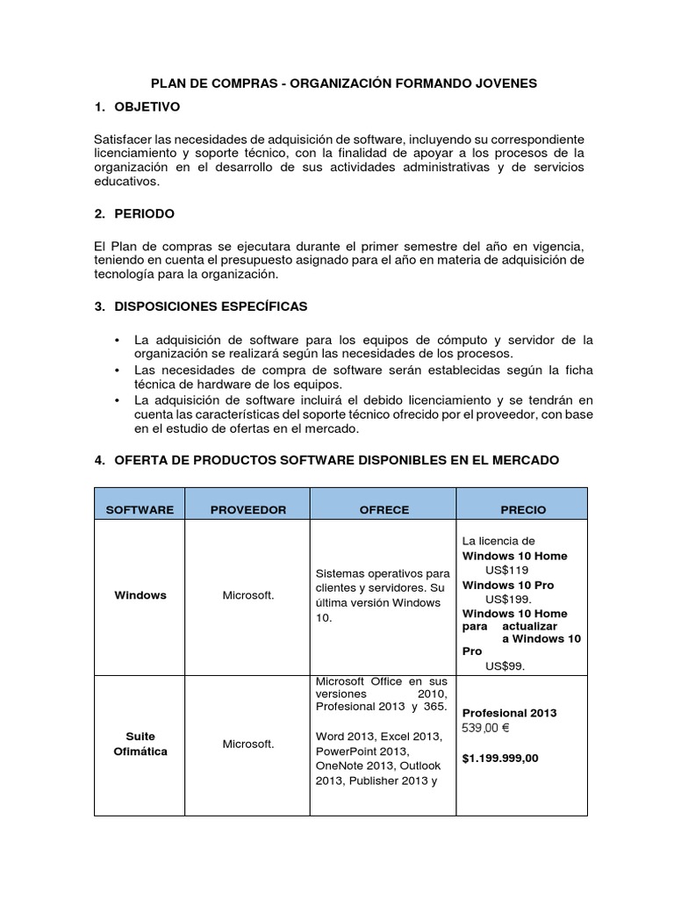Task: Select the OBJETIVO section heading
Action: (x=147, y=107)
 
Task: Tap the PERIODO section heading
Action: (x=144, y=213)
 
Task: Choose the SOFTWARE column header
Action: (x=140, y=510)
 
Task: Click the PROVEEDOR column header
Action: (x=248, y=510)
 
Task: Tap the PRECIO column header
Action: (x=523, y=510)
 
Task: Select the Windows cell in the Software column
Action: (x=140, y=595)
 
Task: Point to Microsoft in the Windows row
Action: (x=248, y=595)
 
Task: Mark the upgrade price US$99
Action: (x=505, y=665)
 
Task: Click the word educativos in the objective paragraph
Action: (x=126, y=182)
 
